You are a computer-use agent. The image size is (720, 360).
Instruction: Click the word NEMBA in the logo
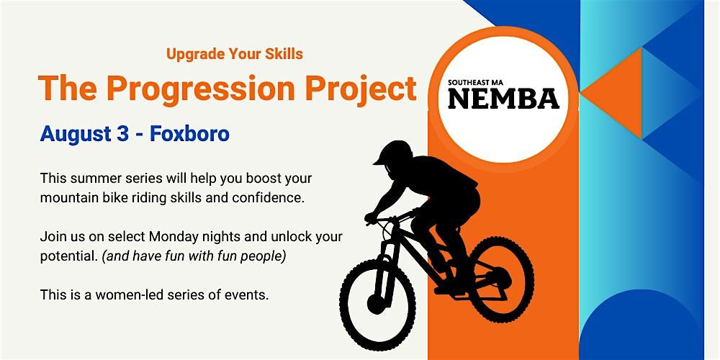504,99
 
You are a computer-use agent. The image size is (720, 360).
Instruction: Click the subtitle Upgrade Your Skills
235,54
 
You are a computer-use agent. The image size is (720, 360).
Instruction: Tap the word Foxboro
189,133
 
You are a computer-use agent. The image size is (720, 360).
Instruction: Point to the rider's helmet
393,153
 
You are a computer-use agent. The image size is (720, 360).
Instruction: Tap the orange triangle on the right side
611,93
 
